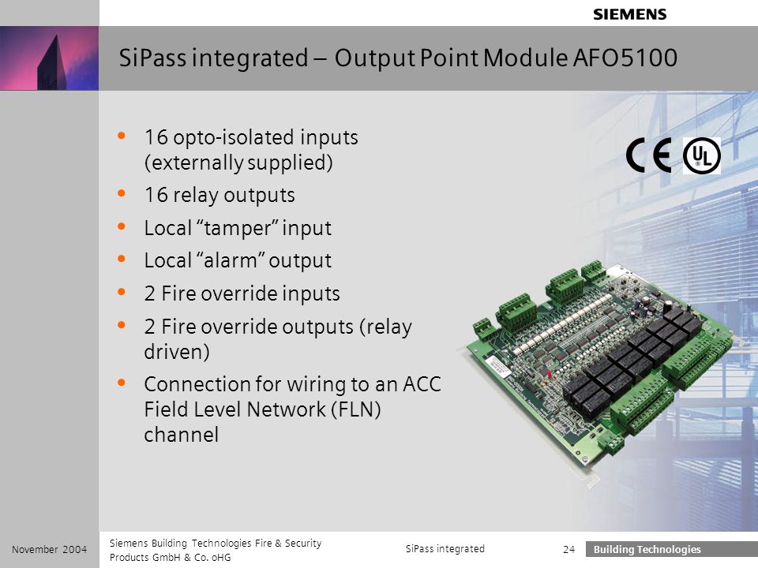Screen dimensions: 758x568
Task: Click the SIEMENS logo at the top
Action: tap(630, 14)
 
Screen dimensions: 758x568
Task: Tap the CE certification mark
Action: tap(649, 155)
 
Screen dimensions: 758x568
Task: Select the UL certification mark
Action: tap(701, 155)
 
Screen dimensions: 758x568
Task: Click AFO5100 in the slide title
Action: tap(625, 58)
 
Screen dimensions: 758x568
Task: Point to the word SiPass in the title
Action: tap(152, 58)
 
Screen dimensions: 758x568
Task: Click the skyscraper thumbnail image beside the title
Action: tap(49, 58)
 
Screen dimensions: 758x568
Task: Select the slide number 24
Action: tap(569, 549)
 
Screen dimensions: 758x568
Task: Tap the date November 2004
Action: tap(49, 549)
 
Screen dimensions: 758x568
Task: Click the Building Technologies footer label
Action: tap(647, 549)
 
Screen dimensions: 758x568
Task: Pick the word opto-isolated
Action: tap(234, 137)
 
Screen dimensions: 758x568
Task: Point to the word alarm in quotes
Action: tap(230, 261)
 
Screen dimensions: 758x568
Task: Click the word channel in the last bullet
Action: tap(182, 435)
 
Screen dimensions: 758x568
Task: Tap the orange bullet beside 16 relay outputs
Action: tap(122, 194)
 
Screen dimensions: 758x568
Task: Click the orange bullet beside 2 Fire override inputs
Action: tap(122, 292)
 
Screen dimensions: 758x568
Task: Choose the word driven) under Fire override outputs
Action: tap(177, 352)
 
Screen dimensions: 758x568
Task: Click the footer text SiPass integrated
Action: tap(445, 549)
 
